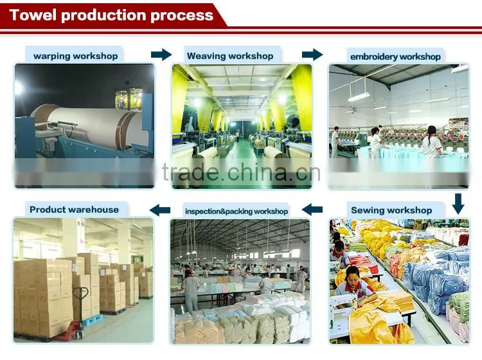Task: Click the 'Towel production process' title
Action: pos(111,15)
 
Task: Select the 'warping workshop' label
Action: pos(76,56)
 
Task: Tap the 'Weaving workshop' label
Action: pos(230,56)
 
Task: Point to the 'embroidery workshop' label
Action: pos(395,57)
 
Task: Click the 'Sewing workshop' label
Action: pos(391,210)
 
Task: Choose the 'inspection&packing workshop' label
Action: pos(237,212)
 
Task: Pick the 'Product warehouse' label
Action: pos(74,210)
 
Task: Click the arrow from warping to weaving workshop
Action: pos(161,55)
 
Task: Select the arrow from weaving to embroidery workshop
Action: pos(312,55)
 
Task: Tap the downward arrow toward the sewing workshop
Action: pos(458,204)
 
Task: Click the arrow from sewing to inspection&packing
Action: pos(312,210)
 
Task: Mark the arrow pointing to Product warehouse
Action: pos(160,210)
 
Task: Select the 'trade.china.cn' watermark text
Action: pos(241,172)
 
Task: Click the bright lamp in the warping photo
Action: pos(19,87)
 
